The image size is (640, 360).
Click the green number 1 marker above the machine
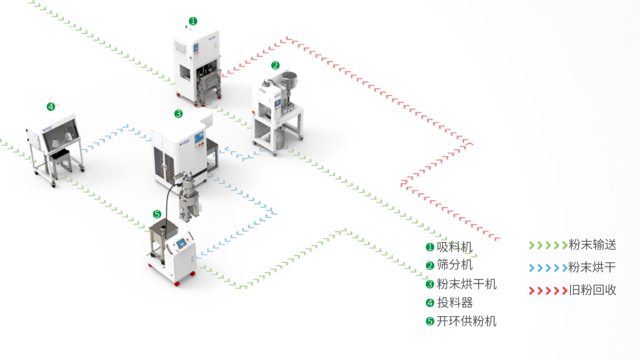coord(192,21)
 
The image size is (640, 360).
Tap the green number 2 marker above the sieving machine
coord(275,65)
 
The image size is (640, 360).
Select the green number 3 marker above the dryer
coord(178,113)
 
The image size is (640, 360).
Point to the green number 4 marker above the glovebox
coord(51,107)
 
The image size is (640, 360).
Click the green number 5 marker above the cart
coord(157,214)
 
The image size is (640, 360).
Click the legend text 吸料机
coord(455,247)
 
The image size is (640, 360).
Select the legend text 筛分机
coord(455,265)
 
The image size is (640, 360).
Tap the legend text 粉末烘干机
coord(466,284)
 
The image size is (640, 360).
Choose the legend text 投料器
coord(455,303)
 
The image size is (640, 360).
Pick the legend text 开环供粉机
coord(466,321)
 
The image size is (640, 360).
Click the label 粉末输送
coord(592,245)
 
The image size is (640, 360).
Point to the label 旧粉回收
coord(592,290)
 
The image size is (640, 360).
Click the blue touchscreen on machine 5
coord(181,244)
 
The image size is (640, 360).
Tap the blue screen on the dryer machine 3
coord(199,137)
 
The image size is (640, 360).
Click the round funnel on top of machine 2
coord(289,77)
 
